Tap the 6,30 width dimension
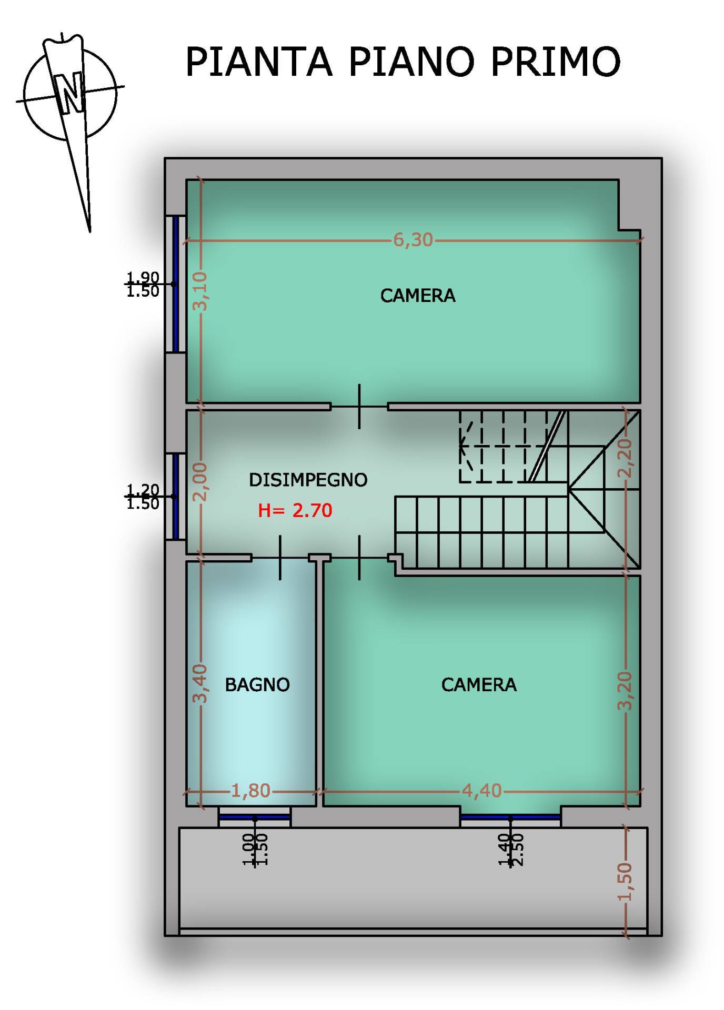tap(413, 240)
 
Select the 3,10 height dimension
tap(200, 291)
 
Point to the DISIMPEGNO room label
tap(308, 480)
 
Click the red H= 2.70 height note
tap(295, 510)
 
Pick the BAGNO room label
tap(257, 684)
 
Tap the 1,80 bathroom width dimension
tap(251, 791)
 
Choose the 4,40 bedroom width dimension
tap(481, 791)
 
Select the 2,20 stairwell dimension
tap(626, 458)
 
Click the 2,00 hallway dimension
tap(200, 482)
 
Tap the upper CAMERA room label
tap(418, 296)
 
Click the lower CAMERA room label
tap(479, 684)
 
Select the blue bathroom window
tap(255, 817)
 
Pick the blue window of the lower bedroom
tap(510, 817)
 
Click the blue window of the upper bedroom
tap(176, 284)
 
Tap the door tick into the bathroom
tap(279, 558)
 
